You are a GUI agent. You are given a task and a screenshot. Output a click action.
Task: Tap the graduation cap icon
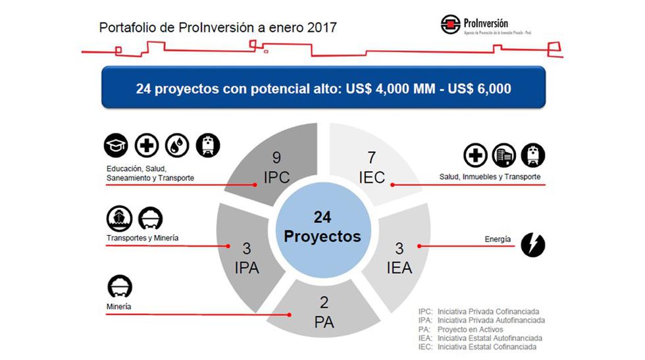pos(116,145)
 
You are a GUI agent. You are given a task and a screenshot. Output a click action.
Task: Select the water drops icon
pos(177,145)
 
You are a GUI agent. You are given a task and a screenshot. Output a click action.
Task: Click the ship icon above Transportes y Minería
pos(118,219)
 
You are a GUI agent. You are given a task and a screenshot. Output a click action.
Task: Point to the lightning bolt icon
pos(532,244)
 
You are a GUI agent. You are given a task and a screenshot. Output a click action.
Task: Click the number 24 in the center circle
pos(322,217)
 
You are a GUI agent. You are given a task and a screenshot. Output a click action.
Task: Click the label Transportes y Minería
pos(142,238)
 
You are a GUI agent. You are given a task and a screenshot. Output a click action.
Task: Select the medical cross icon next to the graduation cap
pos(147,145)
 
